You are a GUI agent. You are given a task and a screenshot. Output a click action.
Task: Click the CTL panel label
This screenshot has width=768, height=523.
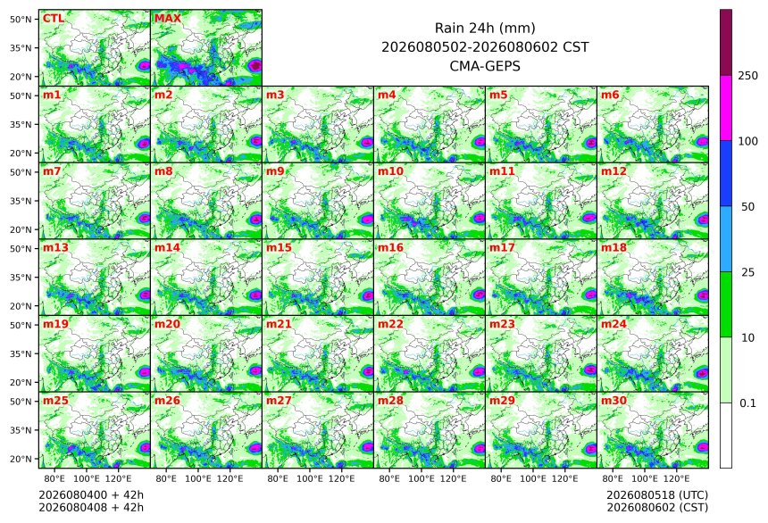tap(54, 19)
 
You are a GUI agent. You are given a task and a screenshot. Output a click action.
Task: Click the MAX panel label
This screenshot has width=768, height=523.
tap(168, 19)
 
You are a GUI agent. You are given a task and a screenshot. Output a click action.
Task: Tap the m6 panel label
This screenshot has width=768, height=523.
tap(610, 95)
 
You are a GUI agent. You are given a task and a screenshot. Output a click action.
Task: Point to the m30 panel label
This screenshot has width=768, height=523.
tap(614, 401)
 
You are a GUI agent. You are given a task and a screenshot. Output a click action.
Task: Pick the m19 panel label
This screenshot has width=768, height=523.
tap(55, 324)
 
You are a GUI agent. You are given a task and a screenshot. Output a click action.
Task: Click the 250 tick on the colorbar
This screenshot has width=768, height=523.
tap(748, 76)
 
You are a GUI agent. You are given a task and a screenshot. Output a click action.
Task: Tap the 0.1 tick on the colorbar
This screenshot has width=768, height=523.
tap(748, 403)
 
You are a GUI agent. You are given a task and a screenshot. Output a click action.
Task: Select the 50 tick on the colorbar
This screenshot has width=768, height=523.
tap(748, 207)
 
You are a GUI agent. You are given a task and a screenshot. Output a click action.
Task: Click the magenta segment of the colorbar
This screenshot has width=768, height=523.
tap(726, 108)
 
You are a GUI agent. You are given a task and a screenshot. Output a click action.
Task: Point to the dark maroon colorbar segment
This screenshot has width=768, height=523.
tap(726, 43)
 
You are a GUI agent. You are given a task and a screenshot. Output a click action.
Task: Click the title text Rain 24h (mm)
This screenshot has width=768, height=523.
tap(485, 29)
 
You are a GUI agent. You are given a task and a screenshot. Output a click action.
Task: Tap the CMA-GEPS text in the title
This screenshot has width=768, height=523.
tap(485, 66)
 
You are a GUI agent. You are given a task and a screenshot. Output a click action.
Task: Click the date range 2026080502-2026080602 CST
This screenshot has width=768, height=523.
tap(485, 47)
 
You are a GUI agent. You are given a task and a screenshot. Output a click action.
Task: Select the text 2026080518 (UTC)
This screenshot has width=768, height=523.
tap(657, 495)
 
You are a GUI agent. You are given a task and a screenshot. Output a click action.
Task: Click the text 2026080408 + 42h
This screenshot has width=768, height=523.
tap(91, 507)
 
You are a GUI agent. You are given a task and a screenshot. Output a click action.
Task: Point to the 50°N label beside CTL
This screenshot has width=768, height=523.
tap(21, 19)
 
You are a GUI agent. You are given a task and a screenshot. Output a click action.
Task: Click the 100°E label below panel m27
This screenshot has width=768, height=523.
tap(310, 478)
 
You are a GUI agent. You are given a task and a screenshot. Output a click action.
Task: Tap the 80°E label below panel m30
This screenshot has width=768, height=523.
tap(613, 478)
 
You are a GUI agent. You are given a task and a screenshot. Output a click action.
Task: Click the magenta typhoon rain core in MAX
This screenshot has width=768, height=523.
tap(255, 66)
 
